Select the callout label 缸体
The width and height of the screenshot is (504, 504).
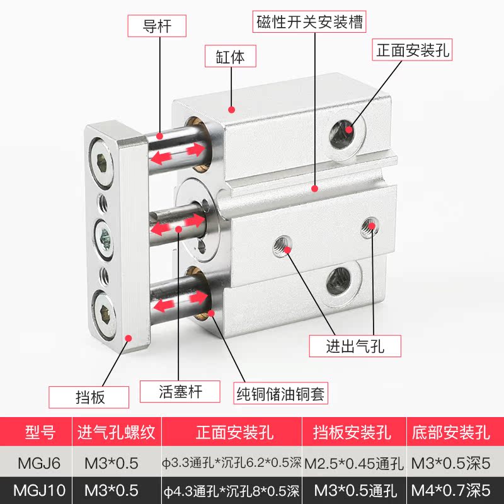(232, 57)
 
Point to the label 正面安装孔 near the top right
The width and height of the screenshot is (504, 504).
(413, 50)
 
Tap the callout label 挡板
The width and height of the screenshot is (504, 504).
(89, 397)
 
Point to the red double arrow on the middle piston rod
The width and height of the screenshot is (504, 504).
(178, 224)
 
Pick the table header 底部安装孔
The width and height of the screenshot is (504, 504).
(450, 432)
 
